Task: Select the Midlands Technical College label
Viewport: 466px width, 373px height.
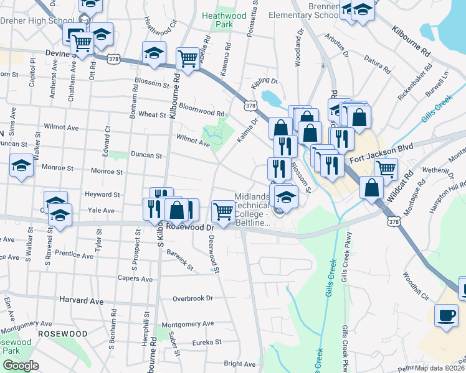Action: coord(252,209)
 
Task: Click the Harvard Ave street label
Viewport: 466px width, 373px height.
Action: coord(82,300)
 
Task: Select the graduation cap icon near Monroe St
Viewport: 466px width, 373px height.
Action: coord(22,165)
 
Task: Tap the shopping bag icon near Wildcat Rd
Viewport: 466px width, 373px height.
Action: coord(371,187)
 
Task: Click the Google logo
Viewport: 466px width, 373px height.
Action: coord(21,366)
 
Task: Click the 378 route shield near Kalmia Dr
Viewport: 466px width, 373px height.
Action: coord(250,106)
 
